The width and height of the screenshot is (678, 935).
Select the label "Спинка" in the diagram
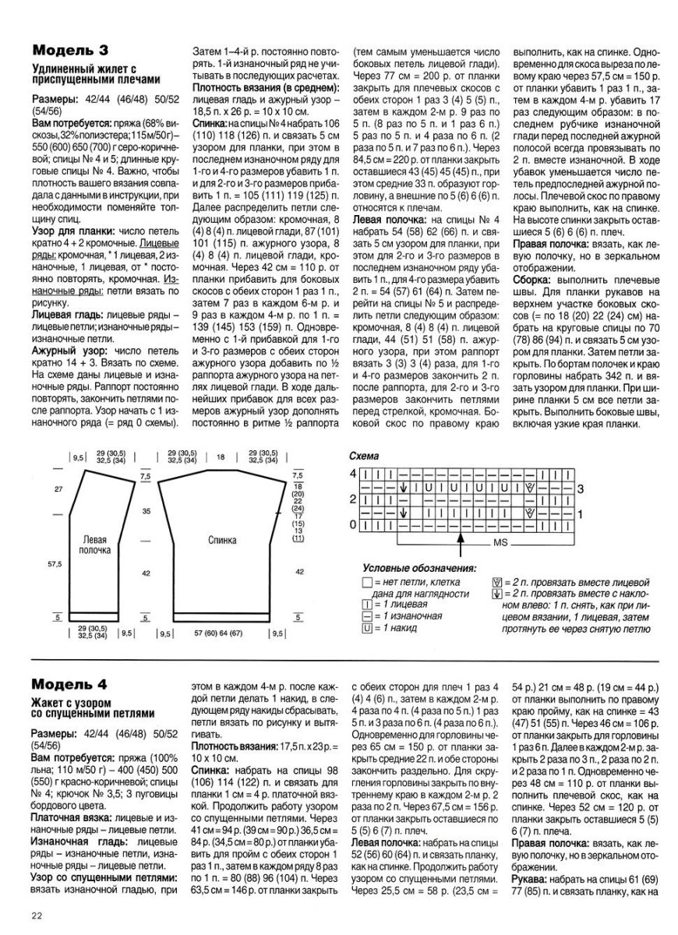tap(223, 538)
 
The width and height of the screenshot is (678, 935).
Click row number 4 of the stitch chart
tap(352, 473)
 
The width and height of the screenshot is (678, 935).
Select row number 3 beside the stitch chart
tap(580, 488)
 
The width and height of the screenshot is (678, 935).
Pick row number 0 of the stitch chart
tap(352, 524)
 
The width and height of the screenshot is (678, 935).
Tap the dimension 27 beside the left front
tap(57, 489)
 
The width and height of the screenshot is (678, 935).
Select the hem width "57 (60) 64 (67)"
tap(221, 633)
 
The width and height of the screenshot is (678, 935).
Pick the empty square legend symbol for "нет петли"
tap(367, 582)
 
